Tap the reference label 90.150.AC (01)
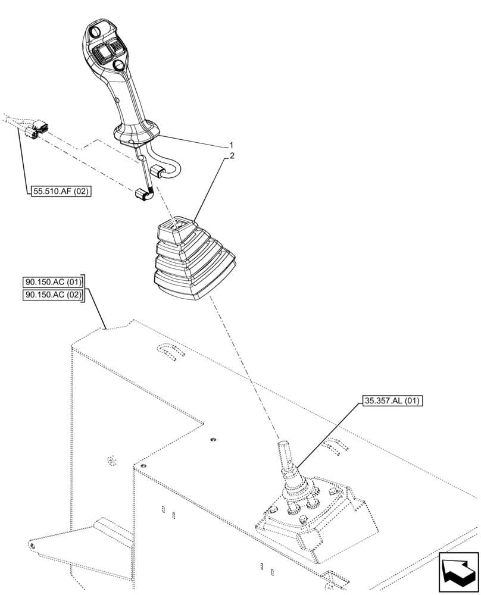pos(54,281)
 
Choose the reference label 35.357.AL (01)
pos(391,401)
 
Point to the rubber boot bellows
pos(193,262)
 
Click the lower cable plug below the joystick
pos(142,195)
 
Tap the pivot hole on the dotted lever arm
pos(31,544)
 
